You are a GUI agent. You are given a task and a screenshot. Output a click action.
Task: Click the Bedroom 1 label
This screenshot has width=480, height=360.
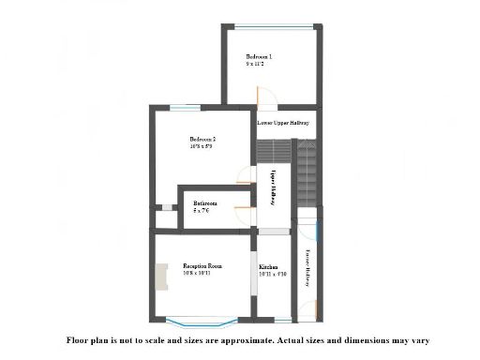tap(259, 56)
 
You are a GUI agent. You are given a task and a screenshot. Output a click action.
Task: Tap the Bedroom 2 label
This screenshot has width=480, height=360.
tap(202, 140)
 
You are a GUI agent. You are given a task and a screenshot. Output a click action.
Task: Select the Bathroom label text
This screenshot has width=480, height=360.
tap(205, 202)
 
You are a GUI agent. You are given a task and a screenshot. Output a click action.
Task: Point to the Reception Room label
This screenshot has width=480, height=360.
tap(202, 266)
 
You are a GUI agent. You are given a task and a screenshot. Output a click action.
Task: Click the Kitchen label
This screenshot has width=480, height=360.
tap(268, 267)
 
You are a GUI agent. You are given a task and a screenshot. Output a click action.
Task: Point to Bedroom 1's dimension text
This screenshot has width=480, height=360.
tap(255, 64)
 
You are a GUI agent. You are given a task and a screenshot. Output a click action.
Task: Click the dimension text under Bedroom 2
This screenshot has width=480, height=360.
tap(202, 146)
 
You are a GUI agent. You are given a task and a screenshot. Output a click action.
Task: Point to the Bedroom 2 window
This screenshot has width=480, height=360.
tap(185, 109)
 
